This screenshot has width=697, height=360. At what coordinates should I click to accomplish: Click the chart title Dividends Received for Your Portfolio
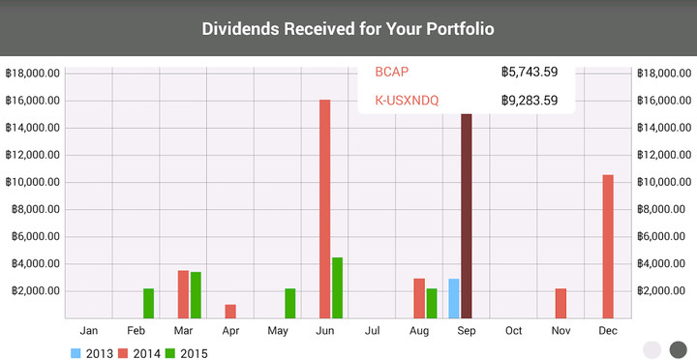348,29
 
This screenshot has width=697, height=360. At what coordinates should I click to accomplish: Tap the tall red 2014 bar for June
325,208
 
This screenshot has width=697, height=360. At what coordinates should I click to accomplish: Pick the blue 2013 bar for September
454,298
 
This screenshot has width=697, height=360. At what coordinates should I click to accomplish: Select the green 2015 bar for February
149,303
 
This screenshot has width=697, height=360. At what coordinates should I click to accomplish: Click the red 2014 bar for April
230,311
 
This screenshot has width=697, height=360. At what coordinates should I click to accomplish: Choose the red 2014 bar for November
561,303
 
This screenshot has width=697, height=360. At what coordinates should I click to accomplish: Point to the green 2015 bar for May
290,303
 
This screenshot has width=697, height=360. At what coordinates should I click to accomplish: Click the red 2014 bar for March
183,294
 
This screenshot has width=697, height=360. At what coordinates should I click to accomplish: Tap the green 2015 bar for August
432,303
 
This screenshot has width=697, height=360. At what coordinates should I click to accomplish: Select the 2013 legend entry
93,353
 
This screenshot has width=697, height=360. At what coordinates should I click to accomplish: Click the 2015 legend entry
186,353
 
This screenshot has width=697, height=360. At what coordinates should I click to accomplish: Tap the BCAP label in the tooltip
392,72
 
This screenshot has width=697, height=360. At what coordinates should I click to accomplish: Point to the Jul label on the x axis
372,331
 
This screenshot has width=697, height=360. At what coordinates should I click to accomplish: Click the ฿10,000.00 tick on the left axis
33,182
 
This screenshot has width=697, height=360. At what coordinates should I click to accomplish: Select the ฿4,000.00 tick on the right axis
666,264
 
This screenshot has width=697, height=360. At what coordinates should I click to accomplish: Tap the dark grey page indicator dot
678,349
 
